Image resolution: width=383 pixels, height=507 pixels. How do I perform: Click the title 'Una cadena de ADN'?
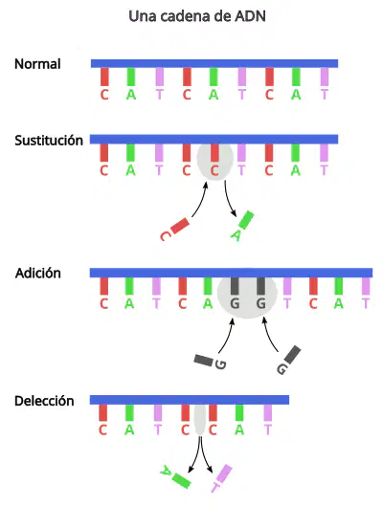click(x=197, y=16)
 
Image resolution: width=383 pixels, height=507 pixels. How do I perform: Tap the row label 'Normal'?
click(x=37, y=64)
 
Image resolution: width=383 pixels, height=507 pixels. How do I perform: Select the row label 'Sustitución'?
click(x=49, y=141)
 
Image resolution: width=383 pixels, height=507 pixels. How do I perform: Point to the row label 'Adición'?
click(x=38, y=274)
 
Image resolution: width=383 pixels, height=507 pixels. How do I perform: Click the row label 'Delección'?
click(x=44, y=401)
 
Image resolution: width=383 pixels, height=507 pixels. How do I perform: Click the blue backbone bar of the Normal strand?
click(x=214, y=63)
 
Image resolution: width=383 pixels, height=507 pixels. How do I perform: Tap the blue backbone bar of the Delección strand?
click(x=190, y=400)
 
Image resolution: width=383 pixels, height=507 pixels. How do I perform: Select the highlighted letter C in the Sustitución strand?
click(x=214, y=170)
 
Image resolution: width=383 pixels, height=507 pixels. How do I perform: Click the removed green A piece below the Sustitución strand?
click(x=242, y=226)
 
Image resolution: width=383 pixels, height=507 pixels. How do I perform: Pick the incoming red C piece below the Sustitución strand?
click(x=174, y=229)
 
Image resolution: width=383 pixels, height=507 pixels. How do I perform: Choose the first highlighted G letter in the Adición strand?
click(x=235, y=303)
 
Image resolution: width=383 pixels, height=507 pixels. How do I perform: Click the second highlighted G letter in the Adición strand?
click(x=261, y=303)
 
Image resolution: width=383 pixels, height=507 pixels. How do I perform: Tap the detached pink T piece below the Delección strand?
click(x=221, y=478)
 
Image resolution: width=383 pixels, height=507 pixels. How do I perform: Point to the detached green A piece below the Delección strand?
click(x=176, y=477)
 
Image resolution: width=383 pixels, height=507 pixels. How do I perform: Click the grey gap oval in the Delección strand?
click(x=200, y=419)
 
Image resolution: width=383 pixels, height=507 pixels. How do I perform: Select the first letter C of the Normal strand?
click(x=104, y=95)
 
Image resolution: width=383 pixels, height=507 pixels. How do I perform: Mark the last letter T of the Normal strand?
click(x=324, y=95)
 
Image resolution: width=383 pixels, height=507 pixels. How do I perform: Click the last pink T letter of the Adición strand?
click(x=366, y=303)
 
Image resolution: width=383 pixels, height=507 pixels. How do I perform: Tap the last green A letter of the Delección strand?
click(x=239, y=430)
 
